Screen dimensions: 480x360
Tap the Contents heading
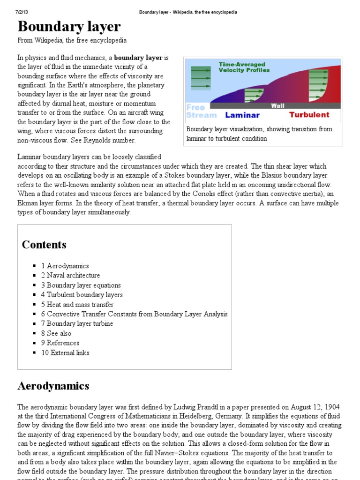click(x=44, y=245)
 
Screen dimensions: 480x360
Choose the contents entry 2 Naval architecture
click(x=70, y=276)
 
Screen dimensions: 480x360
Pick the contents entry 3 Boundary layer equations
click(x=81, y=285)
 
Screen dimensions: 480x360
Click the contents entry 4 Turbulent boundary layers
click(x=82, y=295)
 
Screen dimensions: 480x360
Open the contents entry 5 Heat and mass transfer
click(x=77, y=305)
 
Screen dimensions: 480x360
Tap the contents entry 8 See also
click(x=56, y=333)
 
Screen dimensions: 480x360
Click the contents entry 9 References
click(x=60, y=343)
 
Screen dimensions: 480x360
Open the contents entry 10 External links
click(x=65, y=353)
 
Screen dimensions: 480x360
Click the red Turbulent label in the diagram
click(x=309, y=115)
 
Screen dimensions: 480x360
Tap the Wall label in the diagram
click(x=277, y=106)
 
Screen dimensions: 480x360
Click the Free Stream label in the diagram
click(x=201, y=111)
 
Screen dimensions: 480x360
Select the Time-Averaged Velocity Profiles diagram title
click(x=244, y=67)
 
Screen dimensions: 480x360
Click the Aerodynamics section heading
click(x=53, y=386)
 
